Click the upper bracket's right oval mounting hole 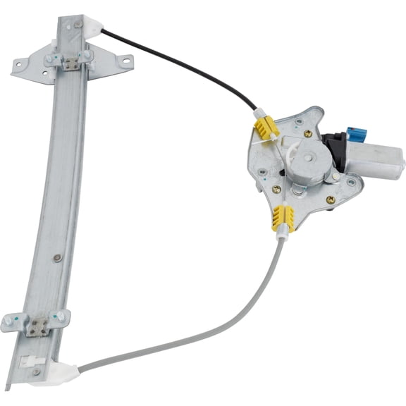(127, 61)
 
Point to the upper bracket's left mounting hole (20, 69)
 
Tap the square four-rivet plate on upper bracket (70, 63)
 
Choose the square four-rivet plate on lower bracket (39, 325)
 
